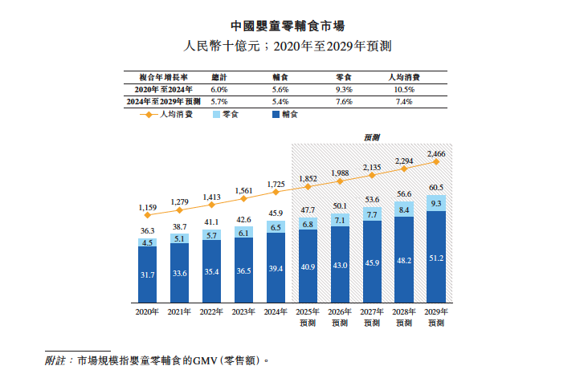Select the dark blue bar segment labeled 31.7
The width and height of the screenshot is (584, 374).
pos(147,275)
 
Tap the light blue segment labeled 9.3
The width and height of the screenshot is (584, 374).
pos(436,205)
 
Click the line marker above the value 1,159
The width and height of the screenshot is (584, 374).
pos(147,216)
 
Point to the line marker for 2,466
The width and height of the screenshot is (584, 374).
pos(436,161)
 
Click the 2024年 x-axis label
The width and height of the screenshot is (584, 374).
pos(276,311)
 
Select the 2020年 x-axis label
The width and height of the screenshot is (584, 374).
pos(147,311)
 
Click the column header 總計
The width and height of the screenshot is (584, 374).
pos(218,78)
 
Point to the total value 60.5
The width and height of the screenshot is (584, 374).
pos(436,187)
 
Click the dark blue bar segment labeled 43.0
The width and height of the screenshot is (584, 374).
pos(340,266)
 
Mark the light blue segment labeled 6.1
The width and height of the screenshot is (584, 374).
pos(243,233)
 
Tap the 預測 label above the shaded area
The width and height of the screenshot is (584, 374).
pos(372,138)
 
